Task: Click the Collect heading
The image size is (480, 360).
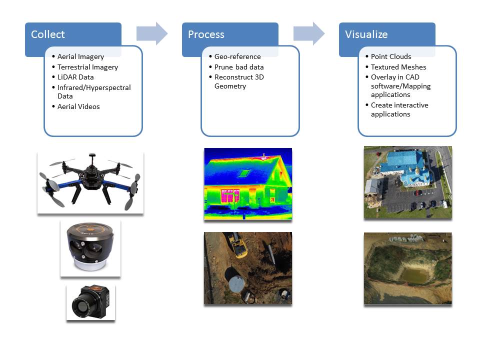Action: click(48, 34)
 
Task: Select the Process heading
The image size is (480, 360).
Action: click(206, 34)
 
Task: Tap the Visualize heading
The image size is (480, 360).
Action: click(366, 34)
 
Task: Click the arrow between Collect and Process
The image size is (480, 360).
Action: click(152, 33)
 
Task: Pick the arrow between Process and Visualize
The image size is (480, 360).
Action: click(309, 33)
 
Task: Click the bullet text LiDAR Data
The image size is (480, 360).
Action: click(75, 77)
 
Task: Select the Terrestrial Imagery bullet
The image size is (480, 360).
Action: click(88, 67)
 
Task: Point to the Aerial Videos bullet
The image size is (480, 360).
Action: click(78, 106)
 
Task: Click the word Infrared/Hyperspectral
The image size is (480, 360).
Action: click(94, 87)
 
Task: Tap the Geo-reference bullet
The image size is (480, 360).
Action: click(237, 56)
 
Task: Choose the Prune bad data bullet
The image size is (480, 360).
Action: click(239, 67)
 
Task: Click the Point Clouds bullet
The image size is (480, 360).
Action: click(391, 56)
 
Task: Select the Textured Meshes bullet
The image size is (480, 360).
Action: click(398, 67)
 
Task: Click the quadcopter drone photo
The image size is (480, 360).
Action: click(90, 183)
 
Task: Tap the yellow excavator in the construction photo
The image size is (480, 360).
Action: click(236, 244)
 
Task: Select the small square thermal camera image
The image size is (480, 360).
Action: click(90, 302)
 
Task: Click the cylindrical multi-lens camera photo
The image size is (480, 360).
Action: click(90, 248)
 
